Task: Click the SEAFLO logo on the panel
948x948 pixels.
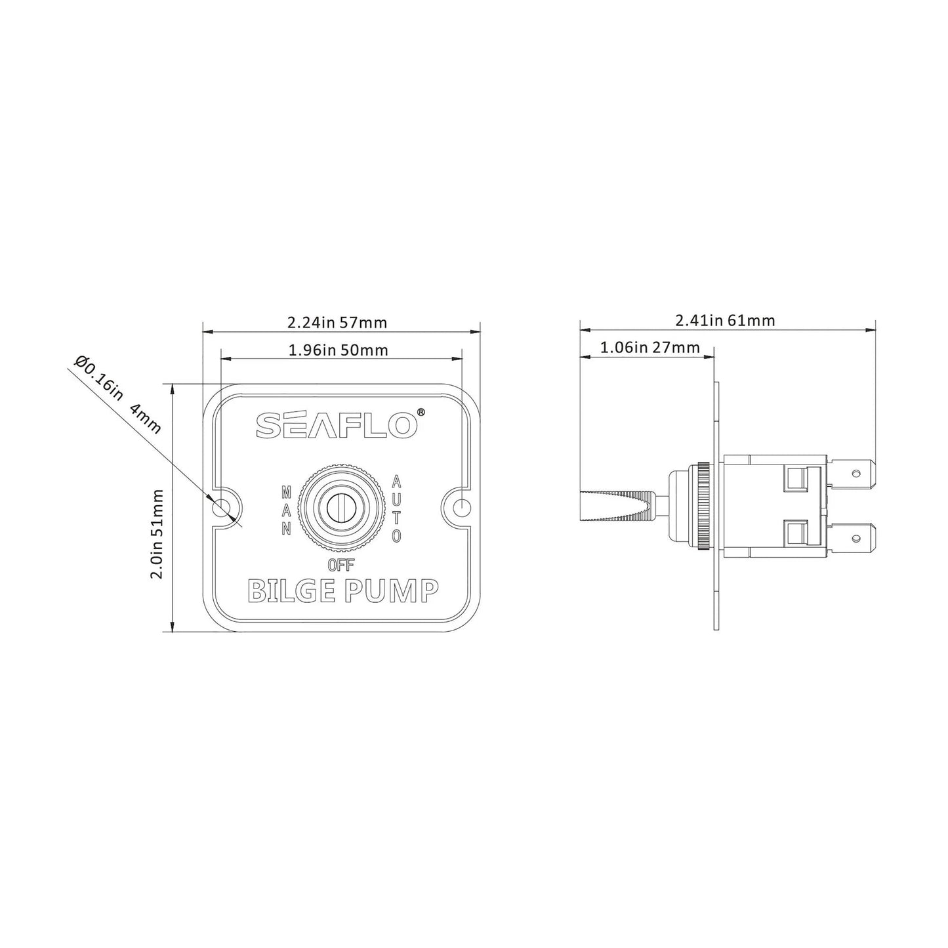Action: (336, 425)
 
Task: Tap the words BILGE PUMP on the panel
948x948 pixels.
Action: (342, 590)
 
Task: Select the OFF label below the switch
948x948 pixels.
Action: (340, 564)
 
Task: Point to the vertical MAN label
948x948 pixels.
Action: (286, 510)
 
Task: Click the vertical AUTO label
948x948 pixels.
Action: (396, 508)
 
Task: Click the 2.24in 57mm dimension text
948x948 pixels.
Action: (337, 323)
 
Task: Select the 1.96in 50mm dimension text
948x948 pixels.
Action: (338, 350)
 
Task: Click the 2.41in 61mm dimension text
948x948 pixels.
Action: (725, 321)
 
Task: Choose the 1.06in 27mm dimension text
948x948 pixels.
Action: (649, 347)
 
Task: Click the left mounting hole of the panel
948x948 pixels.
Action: (222, 507)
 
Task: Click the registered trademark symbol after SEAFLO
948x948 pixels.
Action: (421, 413)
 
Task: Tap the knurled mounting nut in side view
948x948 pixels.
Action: (703, 507)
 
